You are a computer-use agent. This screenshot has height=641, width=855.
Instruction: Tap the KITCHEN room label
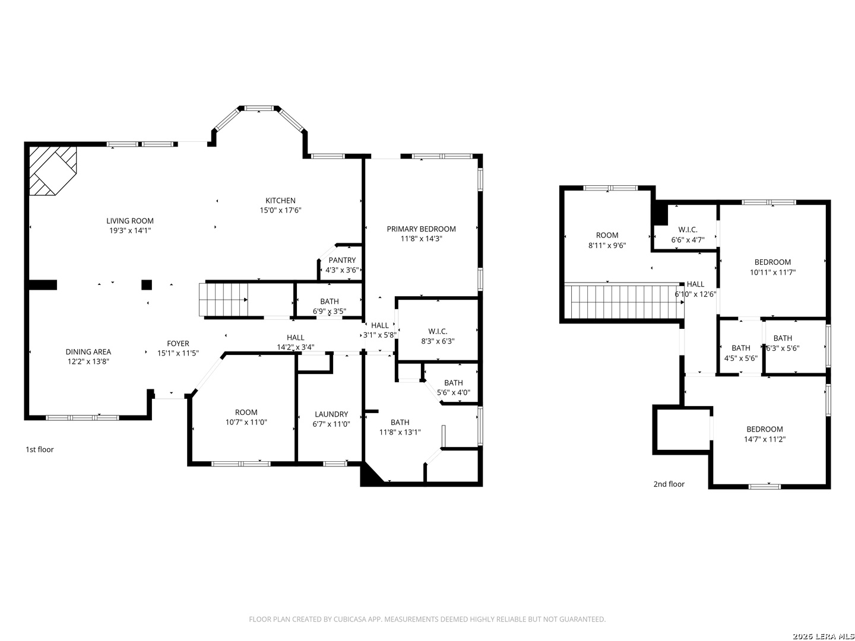tap(280, 201)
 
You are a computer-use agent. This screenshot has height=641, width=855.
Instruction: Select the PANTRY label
tap(342, 260)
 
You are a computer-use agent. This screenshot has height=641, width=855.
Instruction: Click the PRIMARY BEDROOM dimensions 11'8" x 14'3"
tap(421, 239)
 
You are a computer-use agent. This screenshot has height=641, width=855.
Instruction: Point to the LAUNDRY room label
tap(331, 414)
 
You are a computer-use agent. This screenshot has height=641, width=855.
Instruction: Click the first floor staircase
tap(223, 300)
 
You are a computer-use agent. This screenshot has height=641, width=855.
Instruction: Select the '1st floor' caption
tap(39, 449)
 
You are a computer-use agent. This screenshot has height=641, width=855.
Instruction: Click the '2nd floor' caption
tap(669, 484)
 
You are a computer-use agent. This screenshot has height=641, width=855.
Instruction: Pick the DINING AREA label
tap(88, 352)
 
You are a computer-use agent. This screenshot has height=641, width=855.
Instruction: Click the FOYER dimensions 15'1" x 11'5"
tap(178, 353)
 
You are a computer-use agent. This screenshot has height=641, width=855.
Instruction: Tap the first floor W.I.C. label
tap(438, 331)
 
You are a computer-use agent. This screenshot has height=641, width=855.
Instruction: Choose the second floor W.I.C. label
tap(688, 230)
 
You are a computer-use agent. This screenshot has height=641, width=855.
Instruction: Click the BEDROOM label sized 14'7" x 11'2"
tap(764, 429)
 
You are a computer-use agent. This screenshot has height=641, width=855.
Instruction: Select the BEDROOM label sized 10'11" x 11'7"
tap(772, 262)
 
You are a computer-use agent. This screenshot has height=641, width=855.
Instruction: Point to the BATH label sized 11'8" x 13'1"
tap(400, 423)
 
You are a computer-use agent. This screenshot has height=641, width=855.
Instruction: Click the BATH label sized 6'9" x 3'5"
tap(330, 302)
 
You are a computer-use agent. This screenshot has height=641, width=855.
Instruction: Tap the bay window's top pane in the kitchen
tap(259, 108)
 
